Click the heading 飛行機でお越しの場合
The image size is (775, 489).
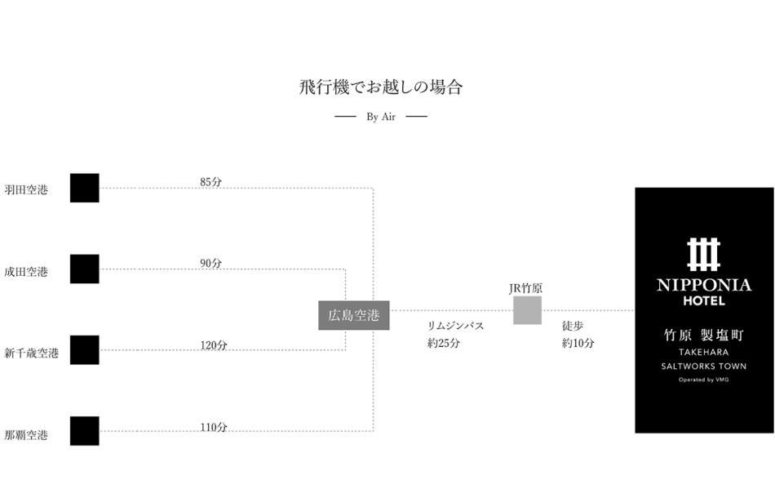[381, 87]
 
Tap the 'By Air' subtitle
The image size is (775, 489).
[381, 117]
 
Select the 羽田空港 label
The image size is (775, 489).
[26, 190]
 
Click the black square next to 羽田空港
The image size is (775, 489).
[84, 188]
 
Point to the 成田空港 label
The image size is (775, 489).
[26, 272]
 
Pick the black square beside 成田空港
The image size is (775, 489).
[84, 269]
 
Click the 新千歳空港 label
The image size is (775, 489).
[32, 353]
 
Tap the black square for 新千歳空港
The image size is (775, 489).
[84, 349]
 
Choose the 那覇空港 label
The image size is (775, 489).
[26, 435]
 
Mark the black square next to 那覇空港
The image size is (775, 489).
[84, 431]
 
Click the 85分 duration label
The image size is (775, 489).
[210, 182]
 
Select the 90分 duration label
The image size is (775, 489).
[210, 264]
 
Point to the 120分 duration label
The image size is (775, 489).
[214, 345]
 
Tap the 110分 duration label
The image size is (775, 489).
[214, 427]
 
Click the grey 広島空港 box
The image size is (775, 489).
[353, 315]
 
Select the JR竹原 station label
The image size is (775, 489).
[526, 288]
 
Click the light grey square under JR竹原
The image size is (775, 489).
[527, 310]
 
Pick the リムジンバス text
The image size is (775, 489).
[455, 326]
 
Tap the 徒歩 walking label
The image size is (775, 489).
[572, 326]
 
